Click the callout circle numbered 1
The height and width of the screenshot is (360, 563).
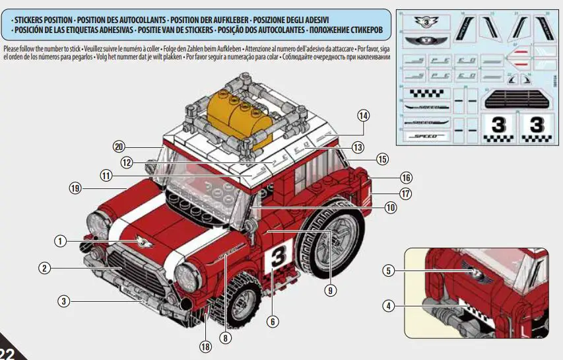coord(60,242)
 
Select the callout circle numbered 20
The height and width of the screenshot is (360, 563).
coord(119,147)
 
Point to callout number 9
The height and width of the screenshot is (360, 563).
coord(328,289)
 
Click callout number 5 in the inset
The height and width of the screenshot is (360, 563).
coord(389,270)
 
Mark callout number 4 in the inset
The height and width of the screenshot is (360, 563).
coord(389,306)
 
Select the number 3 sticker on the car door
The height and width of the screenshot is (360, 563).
coord(278,257)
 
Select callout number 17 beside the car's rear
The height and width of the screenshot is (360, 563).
coord(406,194)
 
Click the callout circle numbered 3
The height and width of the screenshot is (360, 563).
coord(63,301)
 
